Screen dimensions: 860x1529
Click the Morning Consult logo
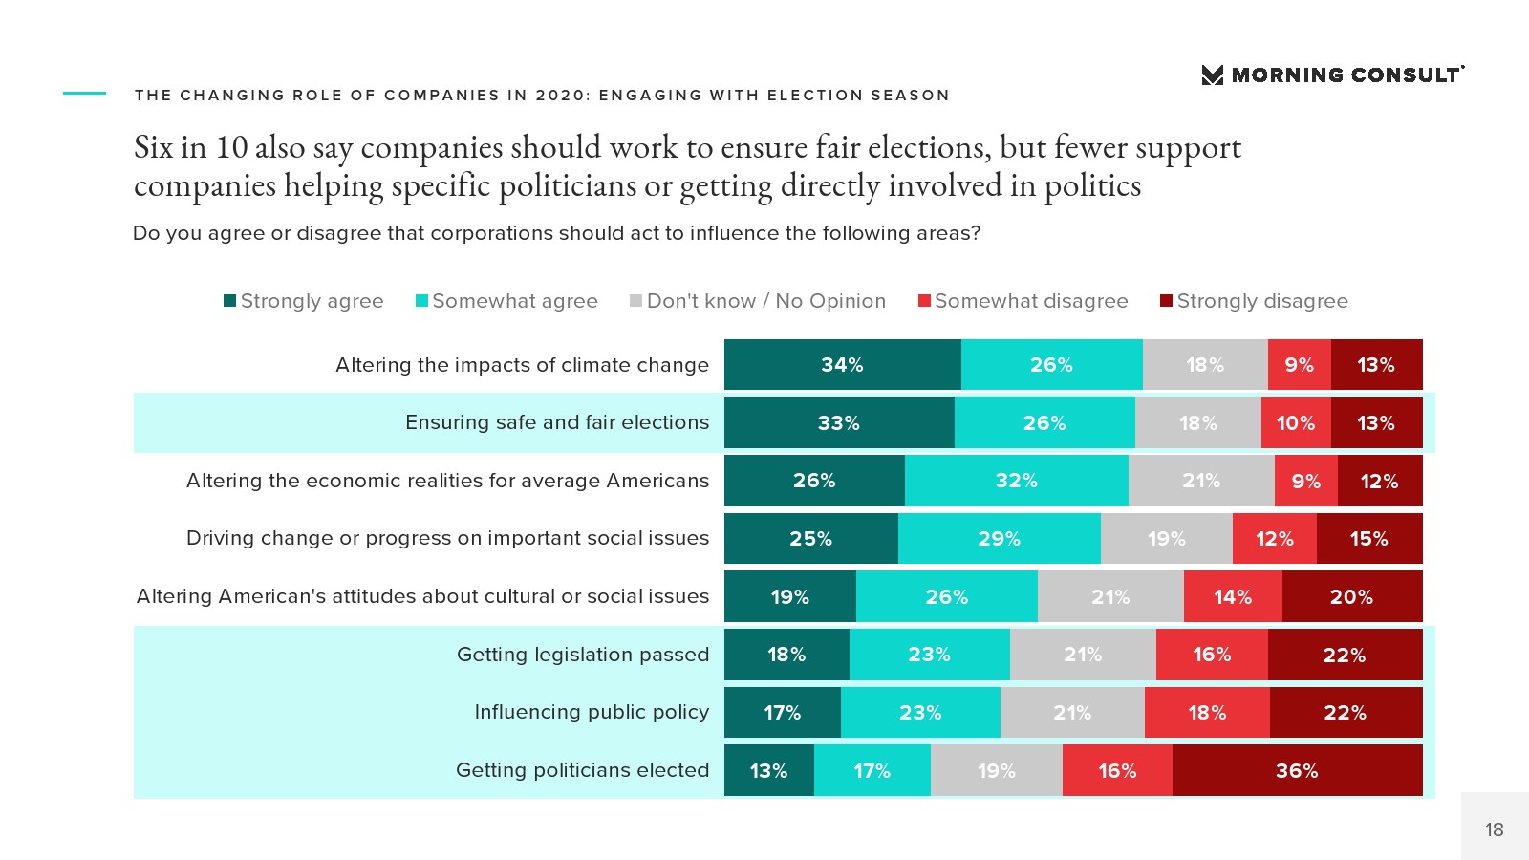pos(1332,75)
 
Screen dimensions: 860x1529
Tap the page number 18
pos(1495,829)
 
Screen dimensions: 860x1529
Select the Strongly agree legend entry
pos(304,301)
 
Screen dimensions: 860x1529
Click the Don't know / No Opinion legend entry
pos(758,301)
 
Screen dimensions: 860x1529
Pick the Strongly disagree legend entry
pos(1254,301)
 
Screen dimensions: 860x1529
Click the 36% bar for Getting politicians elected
pos(1297,770)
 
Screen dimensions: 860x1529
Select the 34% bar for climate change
pos(842,365)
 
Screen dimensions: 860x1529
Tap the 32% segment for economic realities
pos(1016,481)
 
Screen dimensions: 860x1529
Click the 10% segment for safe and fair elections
pos(1296,422)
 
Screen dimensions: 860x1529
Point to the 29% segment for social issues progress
pos(999,539)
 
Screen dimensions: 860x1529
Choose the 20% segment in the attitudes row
pos(1351,597)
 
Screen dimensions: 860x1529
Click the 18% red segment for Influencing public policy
pos(1207,713)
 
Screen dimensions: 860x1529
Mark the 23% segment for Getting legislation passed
pos(929,655)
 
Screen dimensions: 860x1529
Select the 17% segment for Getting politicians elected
pos(872,770)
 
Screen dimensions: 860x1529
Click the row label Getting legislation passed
pos(583,655)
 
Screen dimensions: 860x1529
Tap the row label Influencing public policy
pos(592,712)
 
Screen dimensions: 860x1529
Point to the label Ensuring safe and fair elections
pos(557,422)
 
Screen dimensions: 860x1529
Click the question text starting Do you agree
pos(556,233)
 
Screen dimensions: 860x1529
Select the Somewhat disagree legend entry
pos(1023,301)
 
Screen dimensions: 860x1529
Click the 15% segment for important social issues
pos(1368,539)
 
